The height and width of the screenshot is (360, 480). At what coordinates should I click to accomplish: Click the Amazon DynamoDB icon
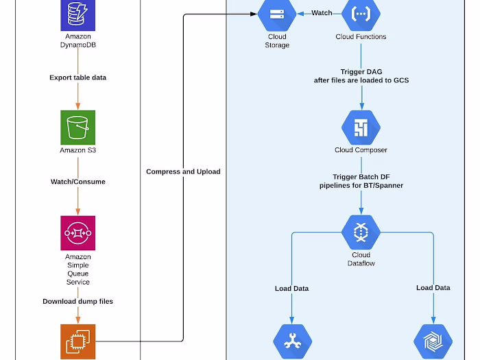(x=77, y=14)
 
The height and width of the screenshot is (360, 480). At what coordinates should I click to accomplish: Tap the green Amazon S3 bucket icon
(x=77, y=127)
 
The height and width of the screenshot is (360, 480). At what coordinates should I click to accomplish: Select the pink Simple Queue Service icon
(x=77, y=233)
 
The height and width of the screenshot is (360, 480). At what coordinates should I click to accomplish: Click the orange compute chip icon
(x=77, y=341)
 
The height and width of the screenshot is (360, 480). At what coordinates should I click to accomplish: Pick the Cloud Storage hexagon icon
(x=277, y=14)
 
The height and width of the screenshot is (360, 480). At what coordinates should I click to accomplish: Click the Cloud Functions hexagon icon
(x=361, y=14)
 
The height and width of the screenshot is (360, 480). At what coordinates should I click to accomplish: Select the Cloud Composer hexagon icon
(x=361, y=128)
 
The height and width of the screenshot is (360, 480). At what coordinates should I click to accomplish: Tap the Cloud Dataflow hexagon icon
(x=361, y=232)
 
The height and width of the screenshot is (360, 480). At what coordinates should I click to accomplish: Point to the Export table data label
(x=77, y=77)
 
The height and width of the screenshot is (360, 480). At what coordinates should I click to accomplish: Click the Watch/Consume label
(x=77, y=182)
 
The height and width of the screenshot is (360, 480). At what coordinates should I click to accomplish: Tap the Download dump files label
(x=77, y=301)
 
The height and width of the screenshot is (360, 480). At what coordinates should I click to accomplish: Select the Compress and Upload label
(x=183, y=171)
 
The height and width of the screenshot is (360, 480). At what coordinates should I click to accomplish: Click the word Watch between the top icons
(x=322, y=13)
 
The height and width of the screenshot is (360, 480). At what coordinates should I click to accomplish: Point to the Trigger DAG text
(x=361, y=72)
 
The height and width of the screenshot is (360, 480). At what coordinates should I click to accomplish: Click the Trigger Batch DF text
(x=361, y=177)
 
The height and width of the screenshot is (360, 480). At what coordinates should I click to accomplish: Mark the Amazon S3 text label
(x=77, y=150)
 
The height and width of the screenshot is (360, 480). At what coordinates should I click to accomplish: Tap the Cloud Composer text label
(x=361, y=150)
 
